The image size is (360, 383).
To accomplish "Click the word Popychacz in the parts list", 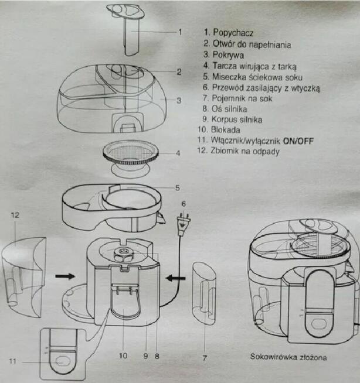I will tap(233, 33).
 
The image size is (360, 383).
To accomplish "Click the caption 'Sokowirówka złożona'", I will tap(288, 356).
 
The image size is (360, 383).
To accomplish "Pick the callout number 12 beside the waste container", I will tap(16, 216).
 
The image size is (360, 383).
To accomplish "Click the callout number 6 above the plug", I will tap(183, 203).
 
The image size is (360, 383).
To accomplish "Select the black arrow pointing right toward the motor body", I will tap(64, 274).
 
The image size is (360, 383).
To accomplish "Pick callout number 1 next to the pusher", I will tap(181, 31).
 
